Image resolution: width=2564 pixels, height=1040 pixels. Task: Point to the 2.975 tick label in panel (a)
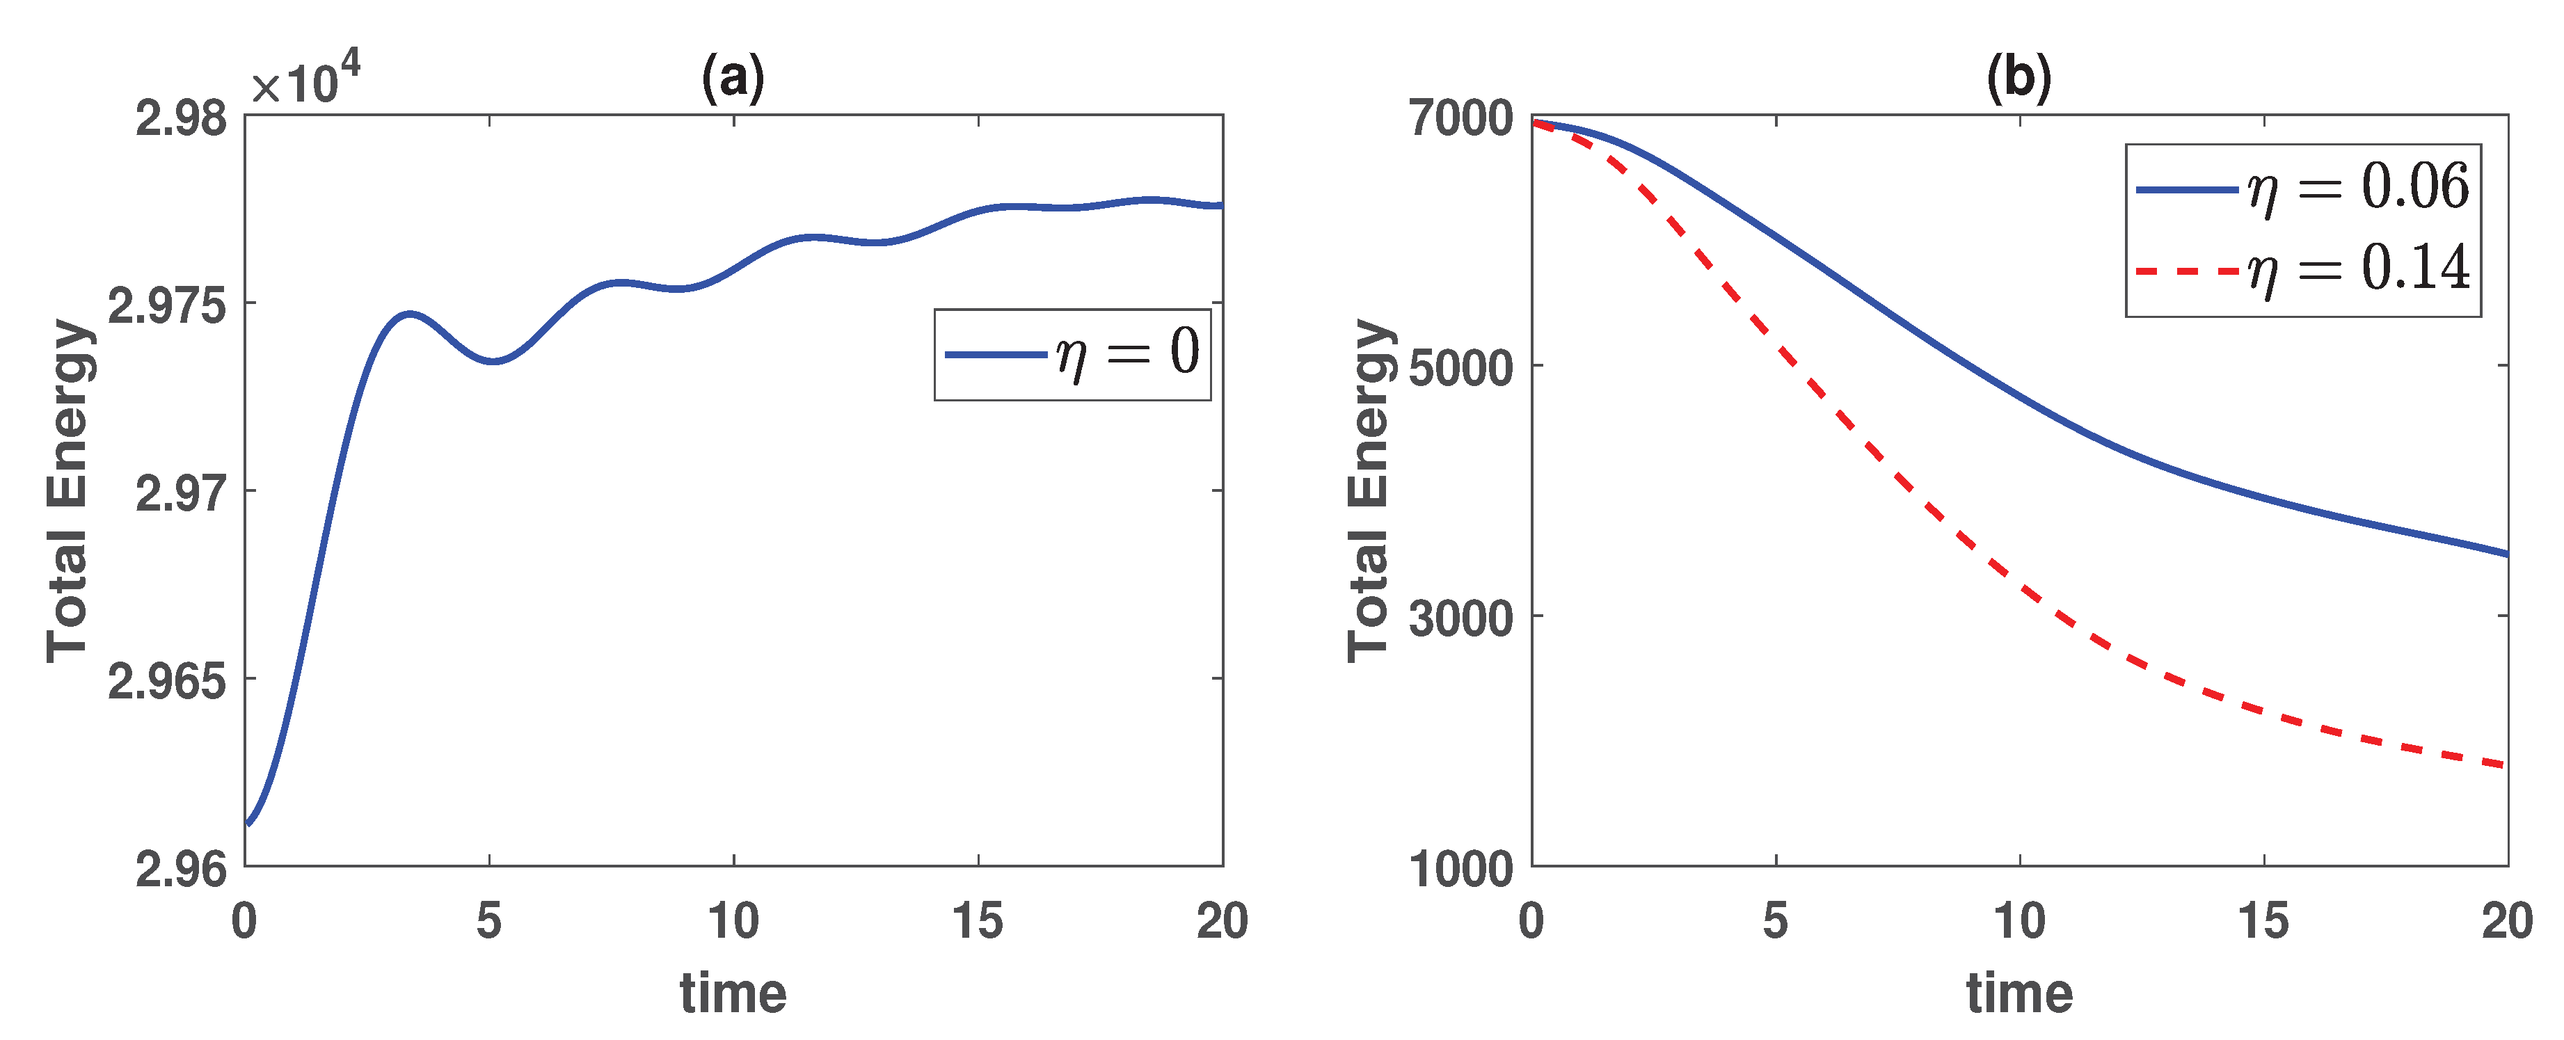point(166,305)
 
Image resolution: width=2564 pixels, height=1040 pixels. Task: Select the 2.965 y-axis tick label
point(166,681)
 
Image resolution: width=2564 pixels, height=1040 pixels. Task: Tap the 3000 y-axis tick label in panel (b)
point(1460,618)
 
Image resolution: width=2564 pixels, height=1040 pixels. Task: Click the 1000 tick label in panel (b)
point(1460,869)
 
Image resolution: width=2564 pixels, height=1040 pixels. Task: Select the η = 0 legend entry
point(1073,353)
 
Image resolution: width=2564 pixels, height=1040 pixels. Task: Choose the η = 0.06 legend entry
point(2303,187)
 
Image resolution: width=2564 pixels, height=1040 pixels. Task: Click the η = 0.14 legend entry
point(2303,269)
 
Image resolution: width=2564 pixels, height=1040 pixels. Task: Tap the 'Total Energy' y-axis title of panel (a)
point(69,490)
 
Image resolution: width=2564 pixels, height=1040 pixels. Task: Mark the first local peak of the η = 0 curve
point(409,314)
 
